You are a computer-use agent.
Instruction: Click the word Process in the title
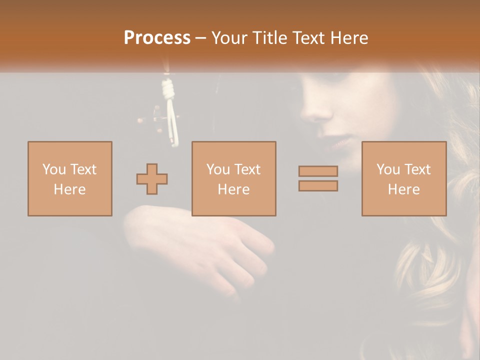click(x=157, y=37)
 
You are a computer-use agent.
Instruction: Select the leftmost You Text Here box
click(x=70, y=178)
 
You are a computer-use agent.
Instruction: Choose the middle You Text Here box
click(x=233, y=178)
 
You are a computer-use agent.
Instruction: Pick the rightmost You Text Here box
click(x=403, y=178)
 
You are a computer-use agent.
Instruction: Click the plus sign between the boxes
click(x=152, y=179)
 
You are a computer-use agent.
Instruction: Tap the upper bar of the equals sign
click(x=318, y=171)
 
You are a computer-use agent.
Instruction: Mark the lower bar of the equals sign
click(x=318, y=186)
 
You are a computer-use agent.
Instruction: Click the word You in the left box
click(x=54, y=169)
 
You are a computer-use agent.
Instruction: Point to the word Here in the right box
click(x=403, y=189)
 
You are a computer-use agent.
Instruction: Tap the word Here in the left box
click(x=70, y=189)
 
